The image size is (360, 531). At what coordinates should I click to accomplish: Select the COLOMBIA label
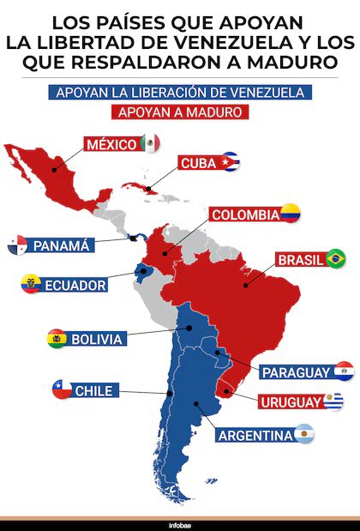click(x=244, y=214)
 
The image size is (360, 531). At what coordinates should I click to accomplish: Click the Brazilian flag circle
click(x=335, y=258)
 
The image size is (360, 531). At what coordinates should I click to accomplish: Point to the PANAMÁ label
click(x=61, y=246)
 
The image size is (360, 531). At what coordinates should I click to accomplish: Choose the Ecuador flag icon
click(x=31, y=285)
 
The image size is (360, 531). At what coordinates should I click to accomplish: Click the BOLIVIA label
click(x=97, y=339)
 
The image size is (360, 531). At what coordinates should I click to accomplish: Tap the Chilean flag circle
click(x=61, y=390)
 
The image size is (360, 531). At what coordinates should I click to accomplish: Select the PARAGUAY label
click(x=295, y=371)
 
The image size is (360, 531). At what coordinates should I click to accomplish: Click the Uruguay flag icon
click(x=333, y=400)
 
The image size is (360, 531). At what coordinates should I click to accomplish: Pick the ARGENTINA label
click(x=255, y=436)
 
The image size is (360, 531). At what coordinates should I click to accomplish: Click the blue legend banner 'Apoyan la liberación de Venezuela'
click(x=180, y=93)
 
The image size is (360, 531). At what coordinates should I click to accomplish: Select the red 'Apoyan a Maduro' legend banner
click(x=180, y=112)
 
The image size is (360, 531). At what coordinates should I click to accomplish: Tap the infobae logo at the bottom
click(x=180, y=523)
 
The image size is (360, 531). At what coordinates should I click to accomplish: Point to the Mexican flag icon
click(x=150, y=143)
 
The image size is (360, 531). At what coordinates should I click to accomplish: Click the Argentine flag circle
click(x=303, y=435)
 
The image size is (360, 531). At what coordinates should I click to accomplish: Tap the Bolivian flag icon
click(x=57, y=339)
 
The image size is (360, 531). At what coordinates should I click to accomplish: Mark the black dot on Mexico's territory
click(x=54, y=169)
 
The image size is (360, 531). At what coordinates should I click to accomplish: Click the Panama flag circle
click(x=17, y=246)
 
